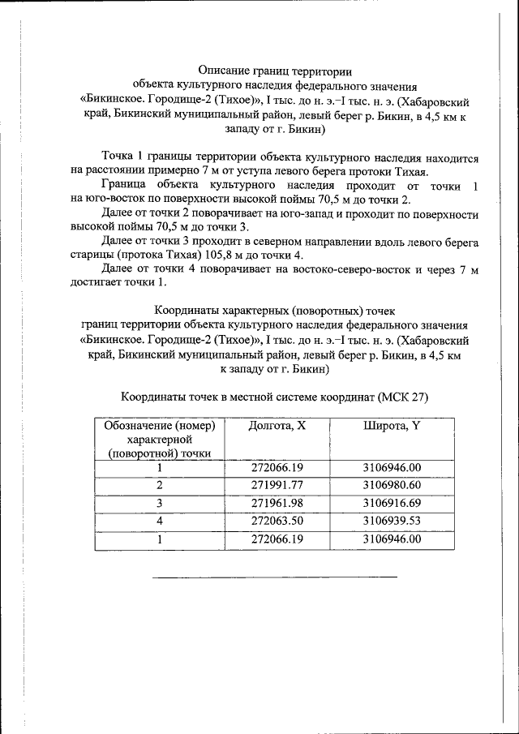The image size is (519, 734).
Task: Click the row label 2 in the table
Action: (x=160, y=485)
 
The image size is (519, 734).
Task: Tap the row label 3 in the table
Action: (x=160, y=503)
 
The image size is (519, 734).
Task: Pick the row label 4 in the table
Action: (x=160, y=521)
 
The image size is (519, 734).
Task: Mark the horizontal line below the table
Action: (x=275, y=577)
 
